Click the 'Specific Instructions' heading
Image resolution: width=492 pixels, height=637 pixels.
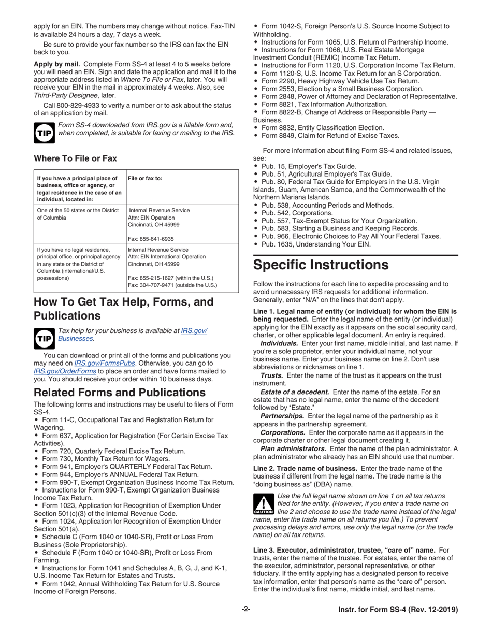[x=321, y=265]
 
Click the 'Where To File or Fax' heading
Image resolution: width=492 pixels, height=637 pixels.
[x=75, y=158]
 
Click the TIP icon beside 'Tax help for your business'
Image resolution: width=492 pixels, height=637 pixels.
[x=43, y=337]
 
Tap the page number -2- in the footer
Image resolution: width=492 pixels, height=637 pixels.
[x=246, y=610]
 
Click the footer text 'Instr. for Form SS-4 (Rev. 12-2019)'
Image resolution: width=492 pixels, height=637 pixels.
[x=395, y=610]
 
